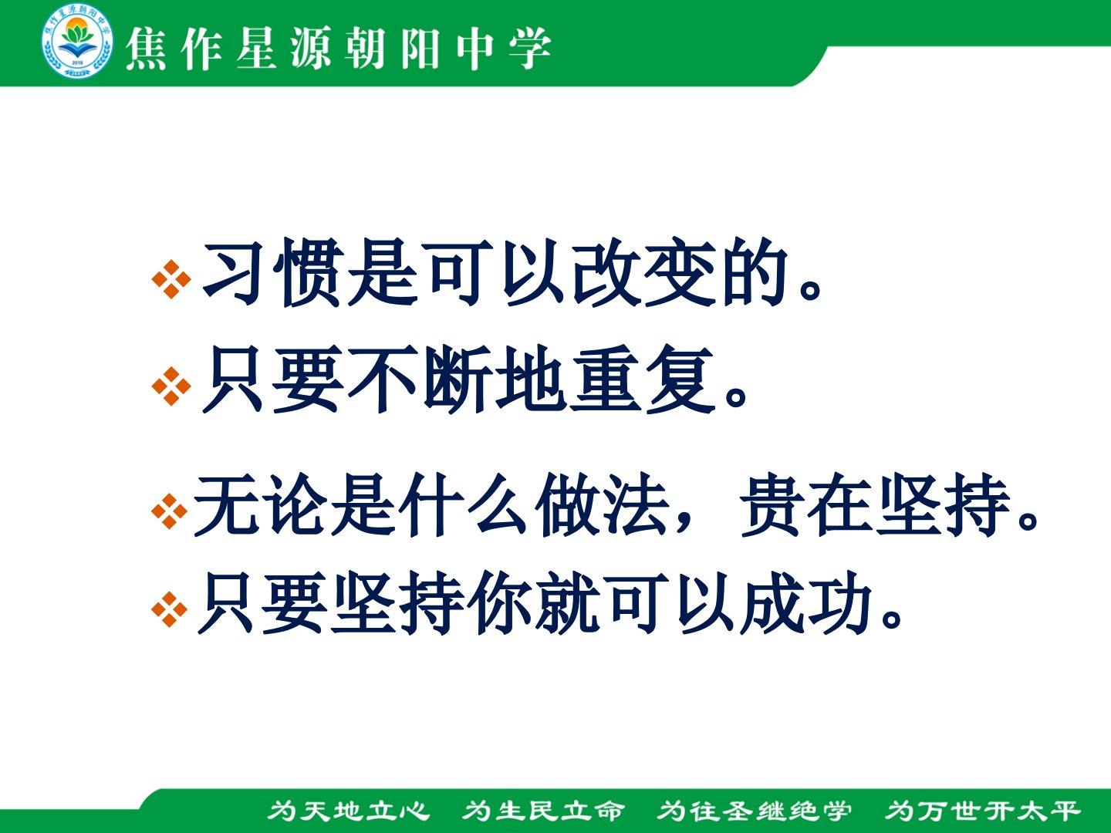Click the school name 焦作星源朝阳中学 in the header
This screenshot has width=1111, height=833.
(x=338, y=49)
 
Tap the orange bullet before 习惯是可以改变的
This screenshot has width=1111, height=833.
(x=171, y=279)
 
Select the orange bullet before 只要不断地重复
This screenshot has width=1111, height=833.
(x=171, y=386)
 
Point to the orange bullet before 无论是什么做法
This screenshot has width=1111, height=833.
(x=169, y=511)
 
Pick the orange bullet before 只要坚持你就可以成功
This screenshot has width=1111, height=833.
(x=169, y=610)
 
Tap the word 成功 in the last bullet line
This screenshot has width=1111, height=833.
(x=806, y=603)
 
